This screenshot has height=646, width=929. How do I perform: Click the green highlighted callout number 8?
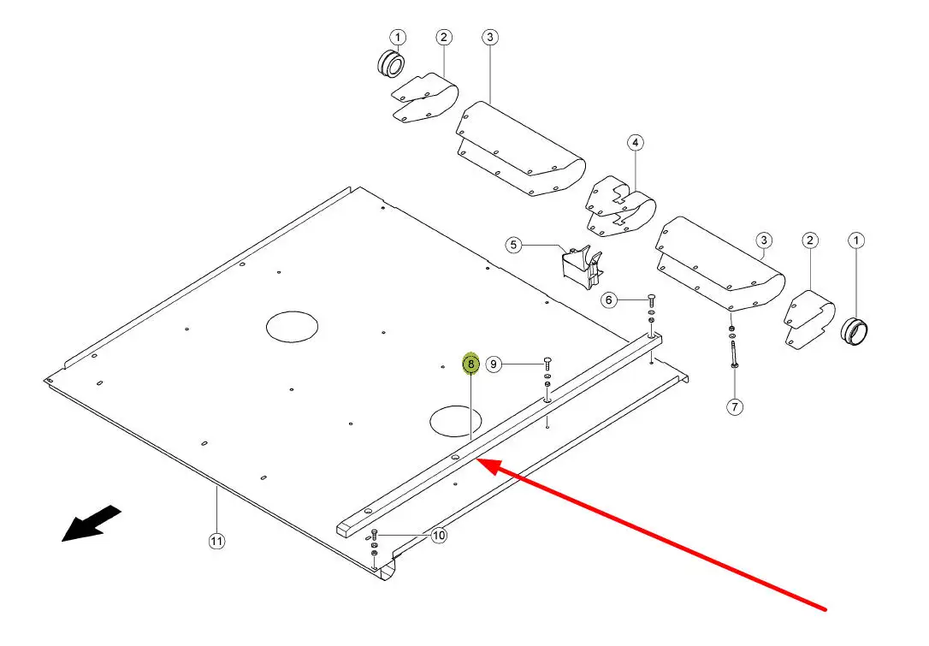470,364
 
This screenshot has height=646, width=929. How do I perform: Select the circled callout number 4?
635,142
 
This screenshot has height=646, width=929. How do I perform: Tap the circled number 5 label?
513,246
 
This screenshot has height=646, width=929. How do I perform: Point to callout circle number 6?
609,299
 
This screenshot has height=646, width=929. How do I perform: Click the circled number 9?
494,364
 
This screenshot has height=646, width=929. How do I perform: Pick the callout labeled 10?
439,536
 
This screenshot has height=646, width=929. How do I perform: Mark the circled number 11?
216,541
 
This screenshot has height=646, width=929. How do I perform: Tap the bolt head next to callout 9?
547,364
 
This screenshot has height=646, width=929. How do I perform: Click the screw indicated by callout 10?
375,535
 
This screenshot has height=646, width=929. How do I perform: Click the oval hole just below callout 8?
456,419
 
